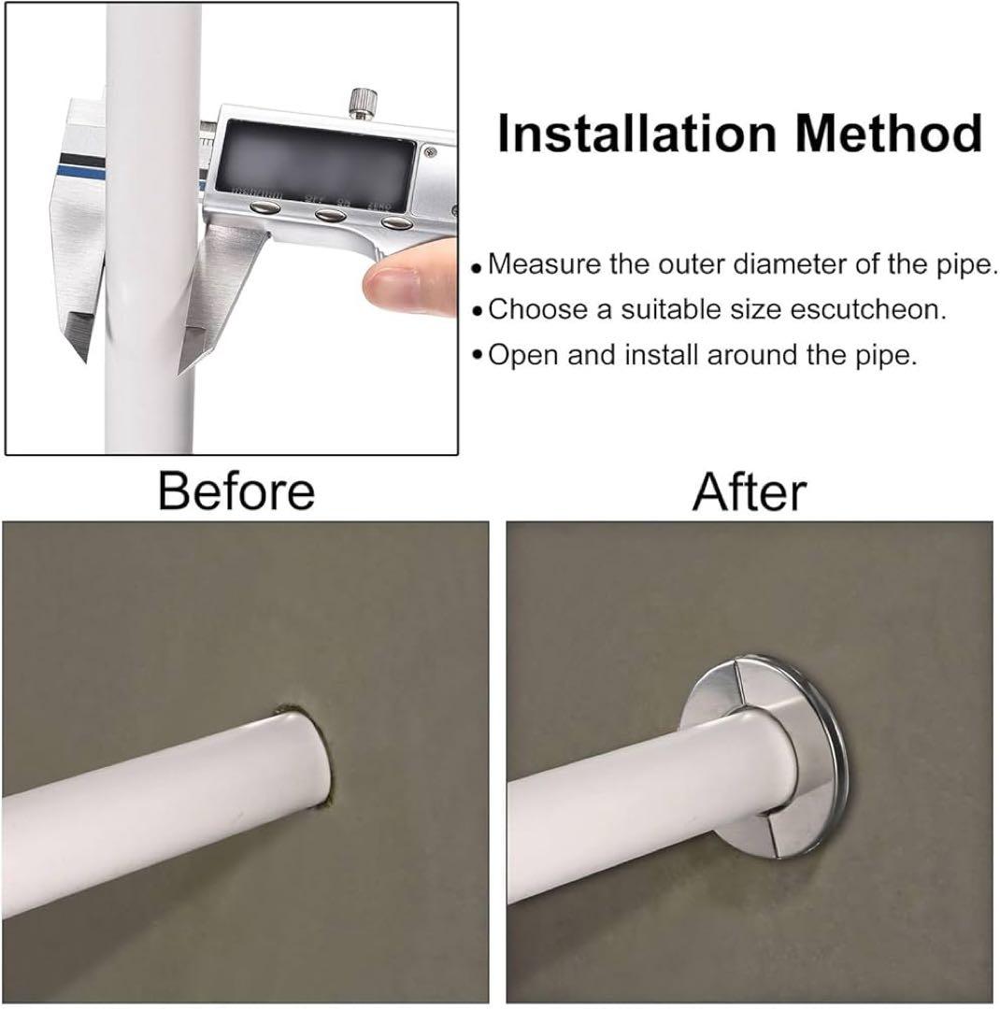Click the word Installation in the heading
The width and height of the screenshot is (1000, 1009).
pyautogui.click(x=636, y=133)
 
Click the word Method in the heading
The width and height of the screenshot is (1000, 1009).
pyautogui.click(x=889, y=133)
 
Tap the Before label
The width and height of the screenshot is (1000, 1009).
pyautogui.click(x=236, y=491)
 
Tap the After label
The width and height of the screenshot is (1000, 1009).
pyautogui.click(x=749, y=491)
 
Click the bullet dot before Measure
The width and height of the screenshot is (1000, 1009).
pyautogui.click(x=477, y=268)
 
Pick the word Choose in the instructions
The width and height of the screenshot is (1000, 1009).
pyautogui.click(x=538, y=309)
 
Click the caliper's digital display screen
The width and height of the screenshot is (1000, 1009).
pyautogui.click(x=317, y=164)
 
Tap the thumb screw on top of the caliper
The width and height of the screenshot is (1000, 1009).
pyautogui.click(x=362, y=103)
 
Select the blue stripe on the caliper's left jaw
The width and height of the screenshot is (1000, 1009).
pyautogui.click(x=79, y=172)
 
